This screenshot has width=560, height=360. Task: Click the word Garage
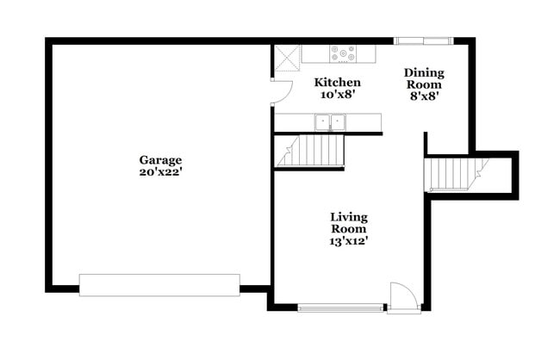[x=161, y=159]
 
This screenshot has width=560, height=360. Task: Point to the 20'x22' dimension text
[x=161, y=171]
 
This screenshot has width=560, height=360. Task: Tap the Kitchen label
[x=337, y=83]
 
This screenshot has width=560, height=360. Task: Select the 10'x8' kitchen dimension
[x=337, y=95]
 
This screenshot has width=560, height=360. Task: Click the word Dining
[x=424, y=73]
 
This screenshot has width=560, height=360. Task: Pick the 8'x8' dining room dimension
[x=424, y=98]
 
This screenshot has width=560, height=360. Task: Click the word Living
[x=349, y=217]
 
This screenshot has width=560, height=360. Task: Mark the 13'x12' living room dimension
[x=349, y=242]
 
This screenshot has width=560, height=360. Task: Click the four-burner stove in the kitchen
[x=343, y=53]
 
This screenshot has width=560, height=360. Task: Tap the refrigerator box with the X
[x=287, y=58]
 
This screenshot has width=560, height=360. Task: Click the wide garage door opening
[x=159, y=285]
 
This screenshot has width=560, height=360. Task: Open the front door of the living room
[x=403, y=297]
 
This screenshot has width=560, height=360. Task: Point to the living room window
[x=341, y=307]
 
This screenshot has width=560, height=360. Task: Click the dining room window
[x=423, y=40]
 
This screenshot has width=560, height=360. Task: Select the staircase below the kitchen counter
[x=310, y=151]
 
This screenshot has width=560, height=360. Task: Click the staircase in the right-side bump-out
[x=454, y=173]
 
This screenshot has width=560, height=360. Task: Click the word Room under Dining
[x=424, y=85]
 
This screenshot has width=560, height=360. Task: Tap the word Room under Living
[x=349, y=229]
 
